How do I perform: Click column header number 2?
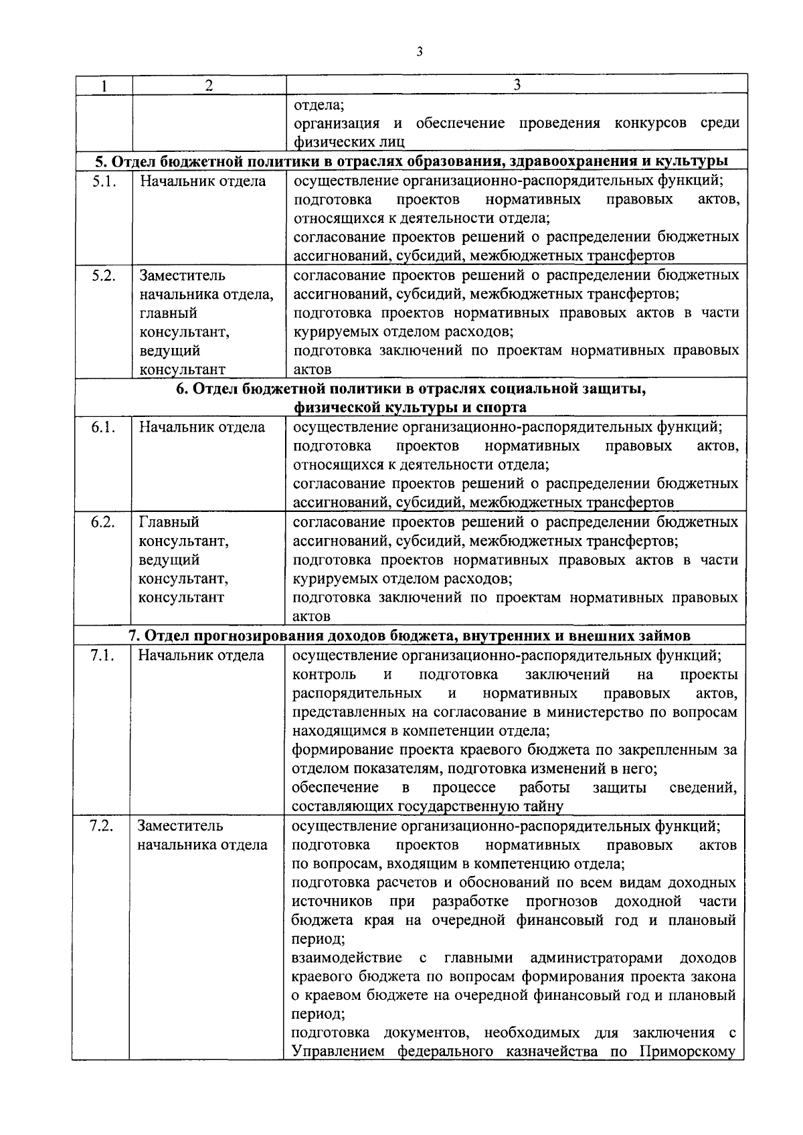[x=209, y=85]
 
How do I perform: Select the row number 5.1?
[x=104, y=181]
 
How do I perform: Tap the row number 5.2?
[x=104, y=275]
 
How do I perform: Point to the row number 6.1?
[x=103, y=427]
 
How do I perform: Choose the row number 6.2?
[x=103, y=522]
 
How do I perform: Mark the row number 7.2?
[x=102, y=826]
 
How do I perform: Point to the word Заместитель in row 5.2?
[x=182, y=275]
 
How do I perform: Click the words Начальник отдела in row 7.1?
[x=201, y=655]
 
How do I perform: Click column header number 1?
[x=103, y=85]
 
